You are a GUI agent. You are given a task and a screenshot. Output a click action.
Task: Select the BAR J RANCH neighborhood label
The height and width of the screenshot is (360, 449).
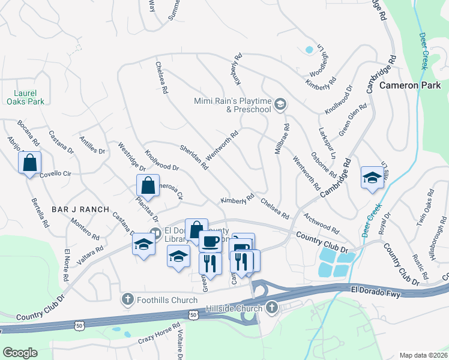coord(80,209)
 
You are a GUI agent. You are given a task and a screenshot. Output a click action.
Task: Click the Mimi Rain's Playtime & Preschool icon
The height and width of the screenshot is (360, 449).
coord(280,106)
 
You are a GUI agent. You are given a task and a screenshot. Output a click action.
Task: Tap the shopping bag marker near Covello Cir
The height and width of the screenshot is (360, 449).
coord(30,163)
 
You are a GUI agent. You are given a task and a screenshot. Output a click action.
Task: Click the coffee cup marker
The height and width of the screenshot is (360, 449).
coord(210,241)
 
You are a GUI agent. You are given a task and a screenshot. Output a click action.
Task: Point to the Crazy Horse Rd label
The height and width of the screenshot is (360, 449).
coord(159,335)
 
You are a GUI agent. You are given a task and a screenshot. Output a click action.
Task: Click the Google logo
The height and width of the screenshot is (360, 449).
coord(20,353)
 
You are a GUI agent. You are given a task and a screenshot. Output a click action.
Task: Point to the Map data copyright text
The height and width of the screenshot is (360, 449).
coord(423,355)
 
